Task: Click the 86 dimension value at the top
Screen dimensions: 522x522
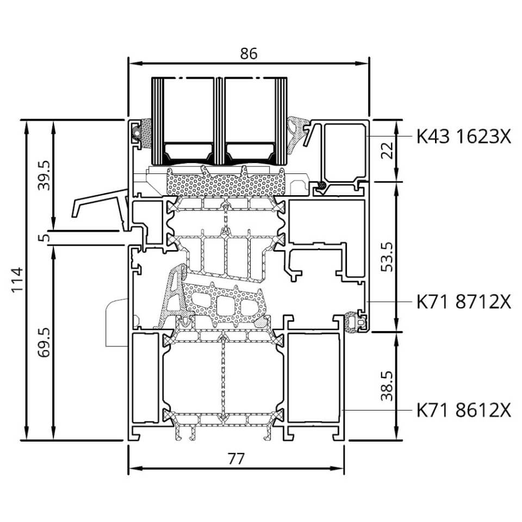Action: pyautogui.click(x=248, y=54)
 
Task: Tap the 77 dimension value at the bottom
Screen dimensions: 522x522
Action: pyautogui.click(x=235, y=459)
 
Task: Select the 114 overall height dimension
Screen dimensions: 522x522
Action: pyautogui.click(x=17, y=279)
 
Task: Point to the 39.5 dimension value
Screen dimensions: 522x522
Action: pyautogui.click(x=43, y=176)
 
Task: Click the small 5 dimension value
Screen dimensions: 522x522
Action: pyautogui.click(x=43, y=238)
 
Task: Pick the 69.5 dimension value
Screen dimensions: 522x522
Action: pyautogui.click(x=43, y=343)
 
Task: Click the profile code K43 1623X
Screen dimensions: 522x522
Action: pyautogui.click(x=464, y=136)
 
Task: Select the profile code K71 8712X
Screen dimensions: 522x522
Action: pyautogui.click(x=464, y=302)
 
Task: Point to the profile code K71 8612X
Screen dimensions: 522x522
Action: pyautogui.click(x=464, y=410)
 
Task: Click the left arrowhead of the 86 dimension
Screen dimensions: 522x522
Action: pyautogui.click(x=135, y=63)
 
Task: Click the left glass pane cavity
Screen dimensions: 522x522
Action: pyautogui.click(x=189, y=110)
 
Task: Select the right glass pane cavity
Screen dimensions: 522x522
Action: pyautogui.click(x=250, y=110)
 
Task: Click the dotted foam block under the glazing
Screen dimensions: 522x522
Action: pyautogui.click(x=225, y=182)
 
